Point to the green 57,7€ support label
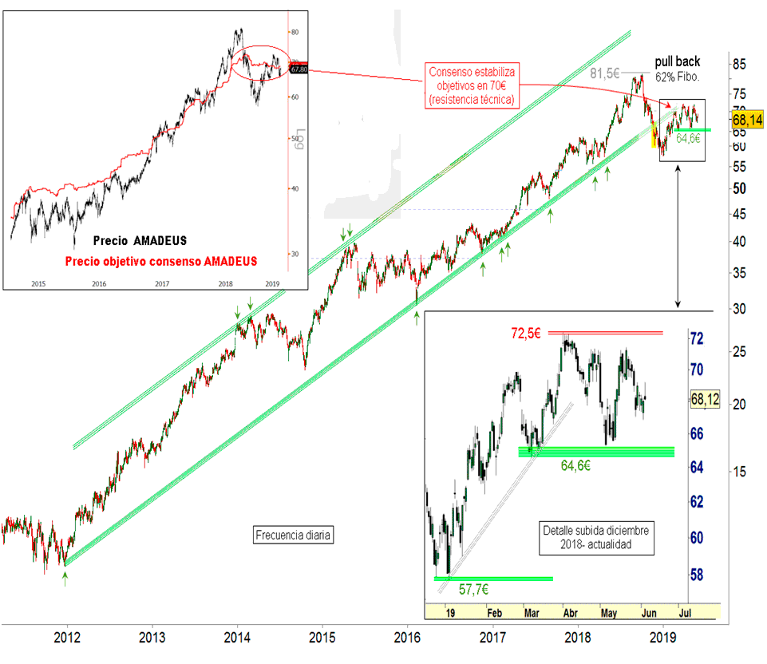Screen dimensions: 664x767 click(x=474, y=590)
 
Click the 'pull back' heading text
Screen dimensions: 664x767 click(x=678, y=61)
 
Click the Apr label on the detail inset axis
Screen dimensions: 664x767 click(x=571, y=614)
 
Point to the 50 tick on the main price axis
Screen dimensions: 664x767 click(x=740, y=188)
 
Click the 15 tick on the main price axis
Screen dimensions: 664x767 click(x=740, y=472)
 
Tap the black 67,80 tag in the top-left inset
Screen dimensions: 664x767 click(x=299, y=69)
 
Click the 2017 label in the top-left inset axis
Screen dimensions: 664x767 click(x=161, y=283)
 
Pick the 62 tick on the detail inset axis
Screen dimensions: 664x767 click(x=696, y=501)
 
